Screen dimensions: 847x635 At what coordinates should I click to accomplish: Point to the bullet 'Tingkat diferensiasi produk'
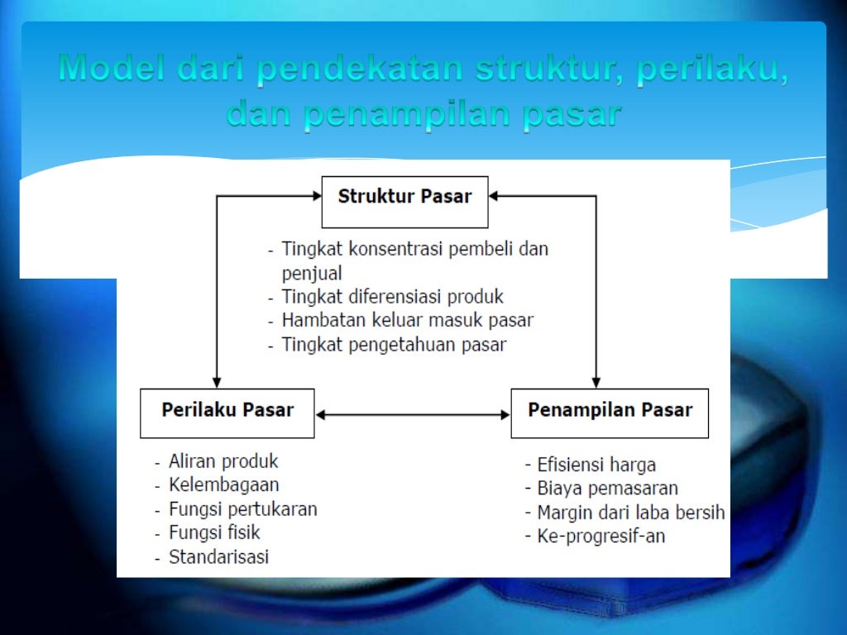tap(392, 296)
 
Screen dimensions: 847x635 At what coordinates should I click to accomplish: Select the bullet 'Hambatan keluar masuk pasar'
tap(407, 320)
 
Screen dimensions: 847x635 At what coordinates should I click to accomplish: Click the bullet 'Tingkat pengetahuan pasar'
tap(394, 344)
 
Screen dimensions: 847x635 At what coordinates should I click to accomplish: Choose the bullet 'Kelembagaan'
tap(223, 485)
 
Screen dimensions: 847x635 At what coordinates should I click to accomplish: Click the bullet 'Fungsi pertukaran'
tap(242, 508)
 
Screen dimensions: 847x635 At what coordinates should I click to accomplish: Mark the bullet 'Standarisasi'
tap(218, 556)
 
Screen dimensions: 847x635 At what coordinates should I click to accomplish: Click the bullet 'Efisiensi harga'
tap(596, 465)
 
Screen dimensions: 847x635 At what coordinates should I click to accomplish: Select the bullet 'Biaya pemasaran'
tap(607, 489)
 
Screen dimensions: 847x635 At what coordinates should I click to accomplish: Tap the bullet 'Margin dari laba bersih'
tap(630, 513)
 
